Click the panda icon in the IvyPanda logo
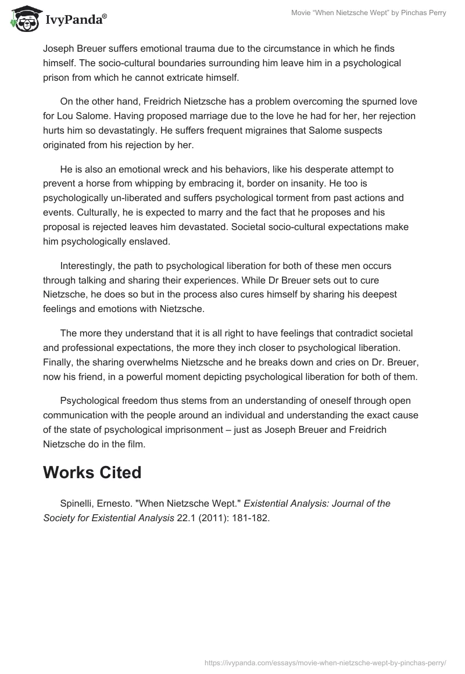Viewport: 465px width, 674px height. click(22, 19)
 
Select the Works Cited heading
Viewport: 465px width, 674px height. click(92, 472)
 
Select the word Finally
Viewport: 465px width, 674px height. click(59, 363)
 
